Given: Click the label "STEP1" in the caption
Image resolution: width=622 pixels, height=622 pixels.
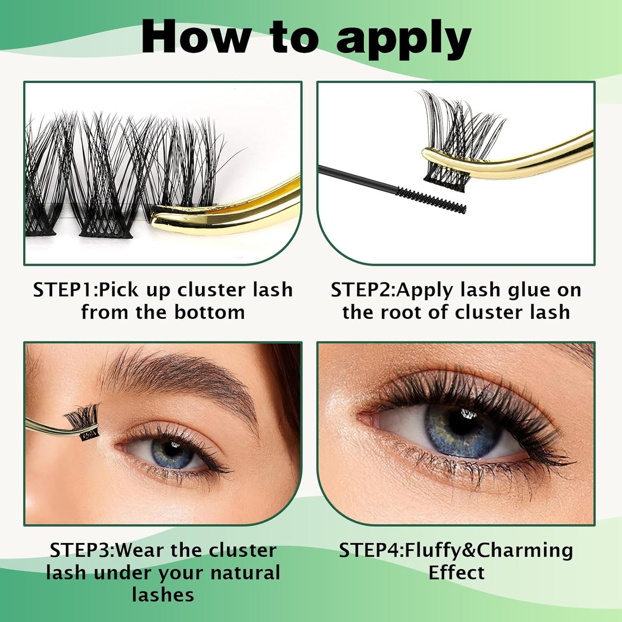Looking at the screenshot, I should (x=64, y=290).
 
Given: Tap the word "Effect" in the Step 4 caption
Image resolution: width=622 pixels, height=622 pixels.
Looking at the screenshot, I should (x=456, y=572).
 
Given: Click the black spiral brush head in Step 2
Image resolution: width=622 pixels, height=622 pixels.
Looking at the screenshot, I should (x=431, y=200).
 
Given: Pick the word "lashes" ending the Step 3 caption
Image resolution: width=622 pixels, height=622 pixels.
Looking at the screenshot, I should (x=163, y=595).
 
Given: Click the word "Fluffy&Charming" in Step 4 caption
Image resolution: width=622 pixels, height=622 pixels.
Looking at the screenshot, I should (x=489, y=550).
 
